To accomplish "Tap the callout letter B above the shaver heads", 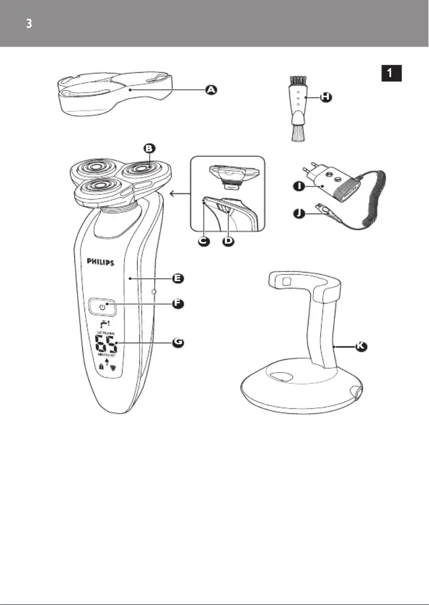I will point(149,148).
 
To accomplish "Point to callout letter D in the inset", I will point(228,241).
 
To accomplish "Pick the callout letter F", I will point(178,304).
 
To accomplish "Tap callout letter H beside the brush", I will point(326,97).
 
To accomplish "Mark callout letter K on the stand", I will point(362,347).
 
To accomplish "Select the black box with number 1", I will point(392,73).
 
